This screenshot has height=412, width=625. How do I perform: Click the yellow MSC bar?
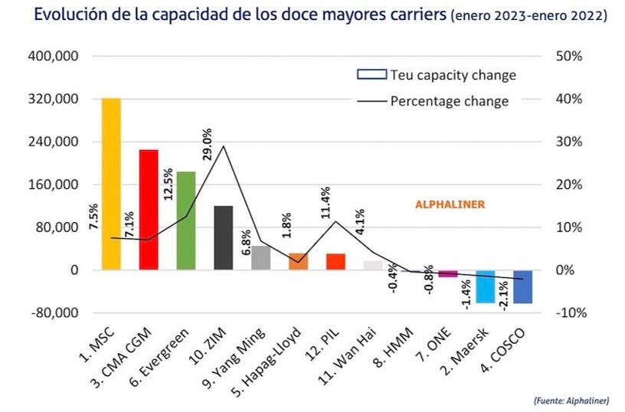point(111,184)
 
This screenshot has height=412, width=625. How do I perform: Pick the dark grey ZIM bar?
point(224,237)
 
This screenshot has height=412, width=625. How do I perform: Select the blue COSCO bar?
point(523,287)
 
